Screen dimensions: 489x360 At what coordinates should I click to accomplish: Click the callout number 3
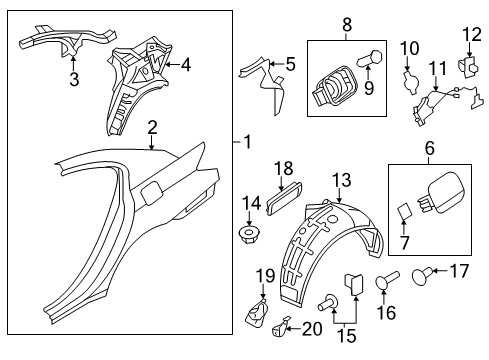pyautogui.click(x=74, y=79)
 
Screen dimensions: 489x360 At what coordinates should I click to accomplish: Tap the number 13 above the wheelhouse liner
pyautogui.click(x=342, y=180)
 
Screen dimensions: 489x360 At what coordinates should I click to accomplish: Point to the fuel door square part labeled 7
pyautogui.click(x=404, y=211)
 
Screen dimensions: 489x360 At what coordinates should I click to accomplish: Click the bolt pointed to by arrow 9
pyautogui.click(x=370, y=59)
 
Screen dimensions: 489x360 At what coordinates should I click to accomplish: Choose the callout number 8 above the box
pyautogui.click(x=347, y=24)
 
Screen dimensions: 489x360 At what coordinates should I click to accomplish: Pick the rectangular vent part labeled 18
pyautogui.click(x=284, y=199)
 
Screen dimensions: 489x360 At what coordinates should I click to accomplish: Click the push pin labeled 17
pyautogui.click(x=422, y=275)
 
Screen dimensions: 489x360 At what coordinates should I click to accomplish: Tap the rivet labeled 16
pyautogui.click(x=387, y=280)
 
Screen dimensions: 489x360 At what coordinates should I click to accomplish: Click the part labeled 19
pyautogui.click(x=257, y=312)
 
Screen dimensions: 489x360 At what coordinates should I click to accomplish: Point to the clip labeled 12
pyautogui.click(x=468, y=67)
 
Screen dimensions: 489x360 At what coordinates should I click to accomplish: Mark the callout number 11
pyautogui.click(x=438, y=68)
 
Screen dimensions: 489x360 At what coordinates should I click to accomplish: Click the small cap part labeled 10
pyautogui.click(x=411, y=81)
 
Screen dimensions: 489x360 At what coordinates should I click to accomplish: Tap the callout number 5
pyautogui.click(x=291, y=64)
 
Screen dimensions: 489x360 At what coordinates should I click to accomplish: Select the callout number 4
pyautogui.click(x=186, y=65)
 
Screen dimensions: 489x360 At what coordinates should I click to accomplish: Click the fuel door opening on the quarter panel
pyautogui.click(x=152, y=192)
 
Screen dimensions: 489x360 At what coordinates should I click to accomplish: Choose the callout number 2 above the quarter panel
pyautogui.click(x=152, y=128)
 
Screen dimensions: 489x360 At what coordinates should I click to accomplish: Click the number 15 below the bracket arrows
pyautogui.click(x=347, y=336)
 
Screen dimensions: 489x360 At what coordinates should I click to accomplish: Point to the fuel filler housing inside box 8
pyautogui.click(x=334, y=87)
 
